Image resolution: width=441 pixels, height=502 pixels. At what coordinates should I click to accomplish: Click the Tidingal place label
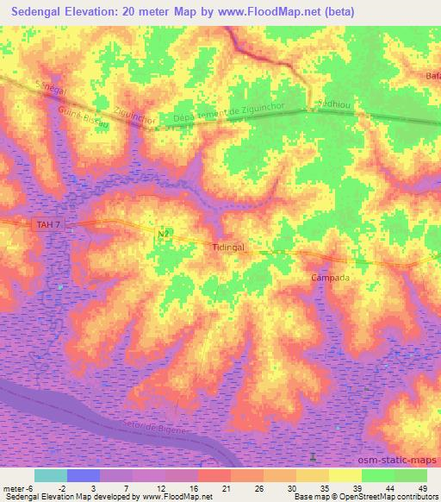(228, 246)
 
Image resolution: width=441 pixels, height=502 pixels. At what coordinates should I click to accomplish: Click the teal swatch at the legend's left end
(51, 475)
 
